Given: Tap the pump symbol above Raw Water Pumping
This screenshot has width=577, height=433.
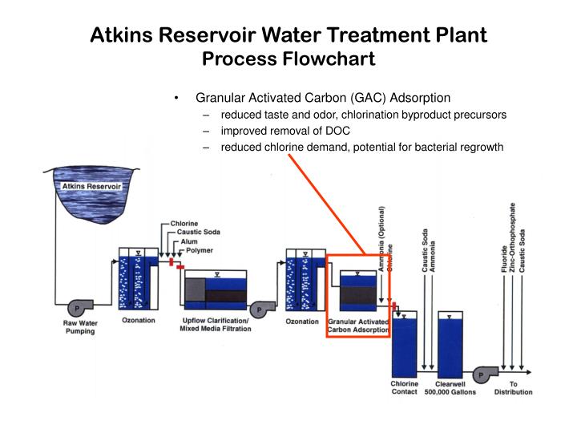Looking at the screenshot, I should [77, 307].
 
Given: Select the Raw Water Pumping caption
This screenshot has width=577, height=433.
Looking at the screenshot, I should [79, 326].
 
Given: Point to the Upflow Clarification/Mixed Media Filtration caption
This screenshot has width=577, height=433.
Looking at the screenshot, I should [214, 325].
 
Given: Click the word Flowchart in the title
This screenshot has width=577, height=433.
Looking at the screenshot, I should [329, 59].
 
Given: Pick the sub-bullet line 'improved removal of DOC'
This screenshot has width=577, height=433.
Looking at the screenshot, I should [285, 131].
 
